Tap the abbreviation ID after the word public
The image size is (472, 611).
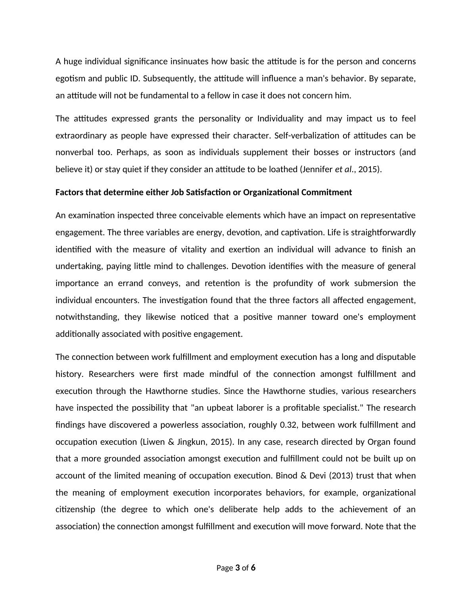[x=134, y=79]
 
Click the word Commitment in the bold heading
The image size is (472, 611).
[x=326, y=192]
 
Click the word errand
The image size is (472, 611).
[x=129, y=283]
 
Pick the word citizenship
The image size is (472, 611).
[x=75, y=509]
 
